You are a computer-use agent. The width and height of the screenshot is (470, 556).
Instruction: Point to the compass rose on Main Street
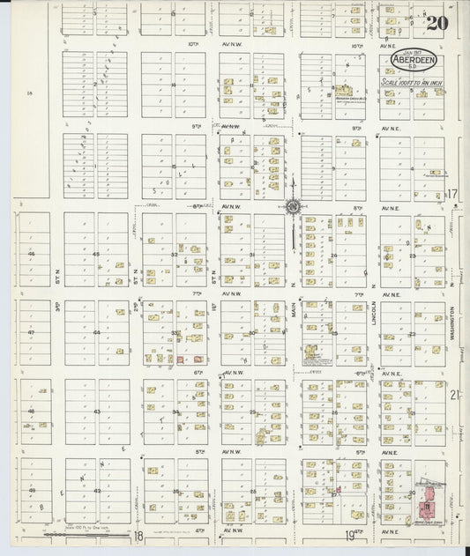293,207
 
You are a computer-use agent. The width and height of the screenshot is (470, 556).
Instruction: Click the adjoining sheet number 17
452,193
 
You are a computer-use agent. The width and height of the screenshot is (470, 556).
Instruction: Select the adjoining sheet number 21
454,395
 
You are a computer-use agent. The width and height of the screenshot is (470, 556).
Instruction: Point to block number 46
32,254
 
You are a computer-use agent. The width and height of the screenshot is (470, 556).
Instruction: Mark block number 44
96,333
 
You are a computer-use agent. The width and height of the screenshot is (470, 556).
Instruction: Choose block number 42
97,491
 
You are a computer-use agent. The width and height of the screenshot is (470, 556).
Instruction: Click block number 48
32,411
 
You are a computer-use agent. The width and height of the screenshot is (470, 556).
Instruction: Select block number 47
32,333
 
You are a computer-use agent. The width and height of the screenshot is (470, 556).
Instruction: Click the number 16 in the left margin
29,92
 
